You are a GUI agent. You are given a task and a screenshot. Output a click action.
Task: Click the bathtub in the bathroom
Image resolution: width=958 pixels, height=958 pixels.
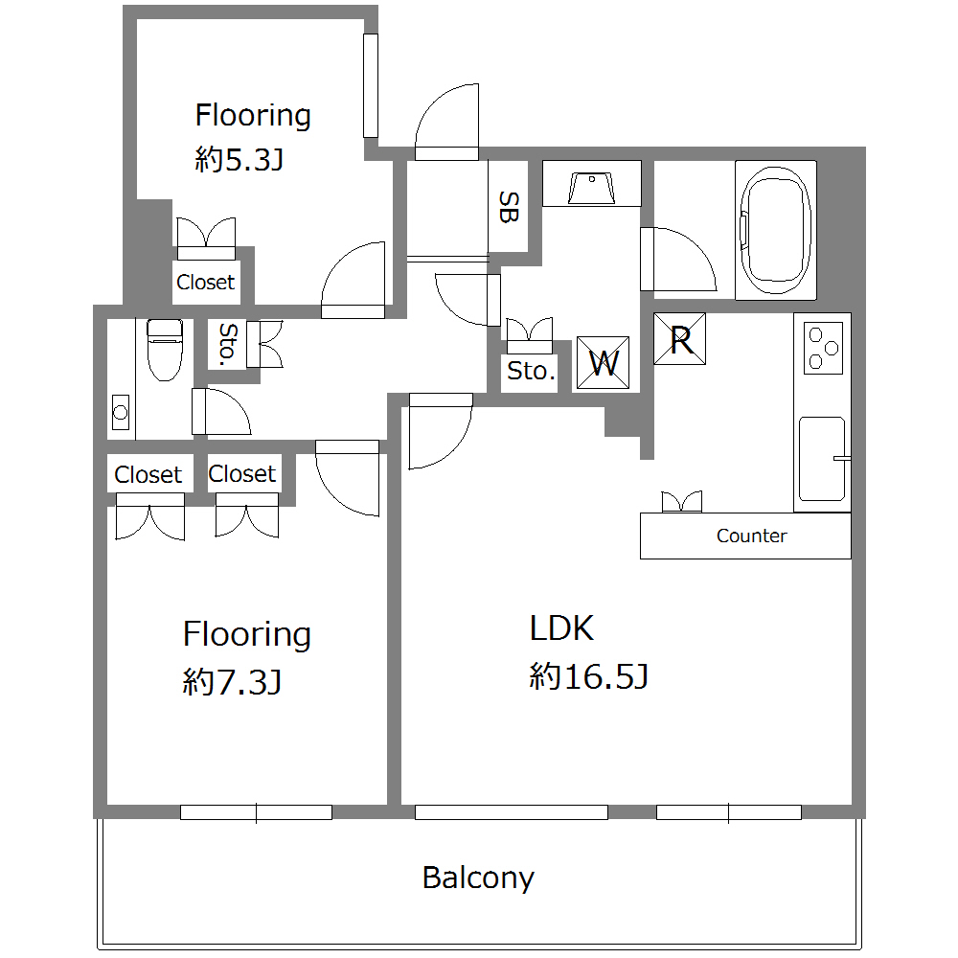click(x=776, y=230)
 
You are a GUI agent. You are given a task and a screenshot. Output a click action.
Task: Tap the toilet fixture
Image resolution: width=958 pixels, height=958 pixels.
click(x=165, y=350)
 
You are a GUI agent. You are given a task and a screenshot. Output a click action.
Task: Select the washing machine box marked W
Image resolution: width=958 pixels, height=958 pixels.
click(x=603, y=363)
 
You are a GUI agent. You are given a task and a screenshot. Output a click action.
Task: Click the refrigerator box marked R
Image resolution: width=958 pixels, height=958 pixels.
click(x=679, y=339)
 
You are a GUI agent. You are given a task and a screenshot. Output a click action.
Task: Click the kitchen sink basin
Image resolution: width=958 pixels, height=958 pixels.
click(x=822, y=459)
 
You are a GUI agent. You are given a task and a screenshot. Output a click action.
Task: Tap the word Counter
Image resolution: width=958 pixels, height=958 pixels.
click(x=751, y=536)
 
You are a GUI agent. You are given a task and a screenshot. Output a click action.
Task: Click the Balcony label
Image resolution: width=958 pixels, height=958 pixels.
click(x=478, y=878)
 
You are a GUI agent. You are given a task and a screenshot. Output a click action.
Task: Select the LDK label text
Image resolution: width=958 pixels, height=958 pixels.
click(x=561, y=628)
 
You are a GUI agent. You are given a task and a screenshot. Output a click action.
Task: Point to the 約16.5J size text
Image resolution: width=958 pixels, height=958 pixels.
click(x=588, y=676)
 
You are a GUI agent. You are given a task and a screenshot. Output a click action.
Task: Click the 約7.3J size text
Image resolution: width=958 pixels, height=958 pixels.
click(x=232, y=682)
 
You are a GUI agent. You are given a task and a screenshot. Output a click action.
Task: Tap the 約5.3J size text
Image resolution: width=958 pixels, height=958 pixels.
click(x=239, y=160)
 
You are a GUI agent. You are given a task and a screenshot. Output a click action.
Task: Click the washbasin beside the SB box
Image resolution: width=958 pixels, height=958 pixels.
click(x=591, y=188)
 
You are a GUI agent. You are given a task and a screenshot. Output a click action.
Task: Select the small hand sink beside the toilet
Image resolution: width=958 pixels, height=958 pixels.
click(x=121, y=412)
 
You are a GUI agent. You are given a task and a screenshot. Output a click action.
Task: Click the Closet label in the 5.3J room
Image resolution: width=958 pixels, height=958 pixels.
click(x=205, y=283)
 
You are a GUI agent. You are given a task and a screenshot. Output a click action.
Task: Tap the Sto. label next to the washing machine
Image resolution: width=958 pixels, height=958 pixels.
click(x=531, y=371)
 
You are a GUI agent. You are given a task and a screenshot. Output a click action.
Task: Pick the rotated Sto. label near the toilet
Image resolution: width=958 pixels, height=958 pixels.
click(x=227, y=345)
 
